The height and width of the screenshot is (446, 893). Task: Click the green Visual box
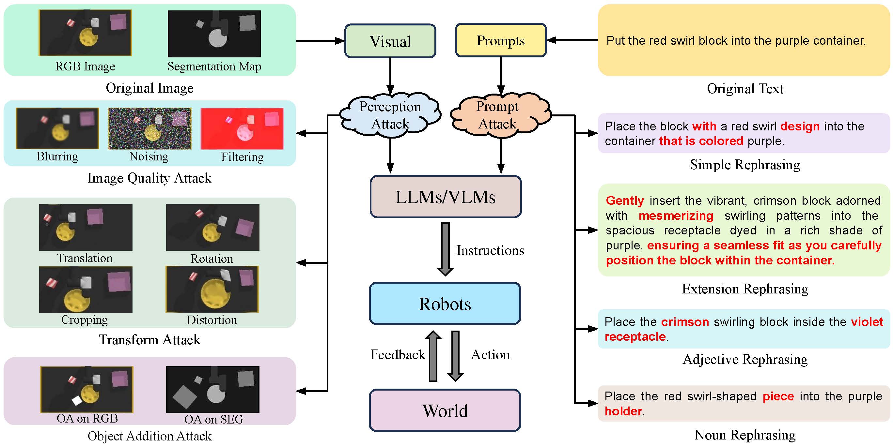coord(390,41)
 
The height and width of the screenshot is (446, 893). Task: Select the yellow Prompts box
coord(501,40)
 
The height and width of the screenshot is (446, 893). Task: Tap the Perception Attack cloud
coord(390,115)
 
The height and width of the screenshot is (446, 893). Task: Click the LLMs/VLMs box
coord(446,197)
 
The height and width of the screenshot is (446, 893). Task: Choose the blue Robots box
coord(445,304)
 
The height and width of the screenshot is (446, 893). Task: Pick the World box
coord(445,410)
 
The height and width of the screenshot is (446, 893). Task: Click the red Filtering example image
coord(242,128)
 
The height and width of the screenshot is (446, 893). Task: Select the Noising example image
coord(150,128)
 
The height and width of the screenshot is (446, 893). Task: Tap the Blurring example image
coord(57,128)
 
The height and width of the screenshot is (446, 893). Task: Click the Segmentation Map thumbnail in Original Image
coord(214,34)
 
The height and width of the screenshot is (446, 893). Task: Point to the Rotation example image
coord(212,227)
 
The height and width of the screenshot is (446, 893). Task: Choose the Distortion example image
coord(212,289)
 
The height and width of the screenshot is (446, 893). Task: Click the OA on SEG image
coord(212,389)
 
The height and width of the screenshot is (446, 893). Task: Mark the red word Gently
coord(625,201)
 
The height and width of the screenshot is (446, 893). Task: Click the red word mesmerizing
coord(676,216)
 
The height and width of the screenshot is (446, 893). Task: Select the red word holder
coord(623,411)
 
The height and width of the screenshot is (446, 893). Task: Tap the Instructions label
coord(490,250)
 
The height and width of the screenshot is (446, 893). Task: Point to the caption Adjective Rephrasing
coord(744,359)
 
